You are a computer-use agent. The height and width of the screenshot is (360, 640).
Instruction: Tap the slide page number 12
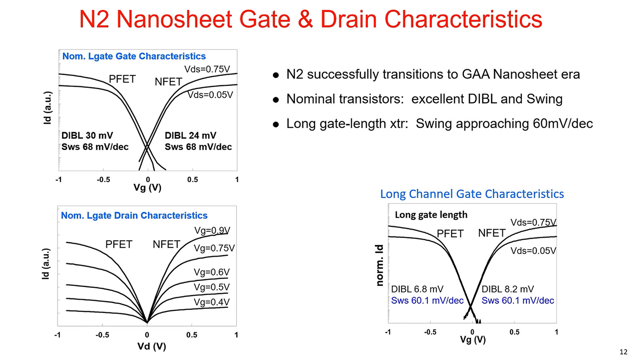pyautogui.click(x=623, y=352)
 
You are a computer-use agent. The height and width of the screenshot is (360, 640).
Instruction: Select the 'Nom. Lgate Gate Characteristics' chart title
pyautogui.click(x=134, y=56)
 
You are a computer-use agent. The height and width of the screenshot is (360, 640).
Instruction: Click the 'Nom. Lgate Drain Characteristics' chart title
pyautogui.click(x=134, y=216)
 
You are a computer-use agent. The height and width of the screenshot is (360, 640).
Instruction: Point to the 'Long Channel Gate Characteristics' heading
pyautogui.click(x=472, y=194)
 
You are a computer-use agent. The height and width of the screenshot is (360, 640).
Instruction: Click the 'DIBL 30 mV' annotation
pyautogui.click(x=87, y=136)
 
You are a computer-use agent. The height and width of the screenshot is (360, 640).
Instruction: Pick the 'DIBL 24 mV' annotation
pyautogui.click(x=190, y=136)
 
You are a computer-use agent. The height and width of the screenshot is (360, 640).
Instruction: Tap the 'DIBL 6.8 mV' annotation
pyautogui.click(x=417, y=289)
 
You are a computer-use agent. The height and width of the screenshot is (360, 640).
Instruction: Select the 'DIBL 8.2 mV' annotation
pyautogui.click(x=508, y=289)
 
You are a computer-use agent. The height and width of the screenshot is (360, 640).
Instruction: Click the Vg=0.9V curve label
pyautogui.click(x=212, y=230)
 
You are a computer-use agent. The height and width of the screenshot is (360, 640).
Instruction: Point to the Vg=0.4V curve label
pyautogui.click(x=212, y=302)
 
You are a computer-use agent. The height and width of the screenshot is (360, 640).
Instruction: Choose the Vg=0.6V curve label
pyautogui.click(x=212, y=272)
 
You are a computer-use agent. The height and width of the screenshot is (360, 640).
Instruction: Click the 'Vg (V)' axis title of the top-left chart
pyautogui.click(x=147, y=188)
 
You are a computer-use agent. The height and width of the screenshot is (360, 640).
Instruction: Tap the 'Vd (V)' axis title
pyautogui.click(x=152, y=346)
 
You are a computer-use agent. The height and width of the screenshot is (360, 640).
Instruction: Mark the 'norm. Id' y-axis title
pyautogui.click(x=380, y=265)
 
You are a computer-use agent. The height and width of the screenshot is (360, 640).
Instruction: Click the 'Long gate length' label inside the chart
pyautogui.click(x=431, y=215)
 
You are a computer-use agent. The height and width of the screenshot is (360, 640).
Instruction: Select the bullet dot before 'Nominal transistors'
pyautogui.click(x=276, y=100)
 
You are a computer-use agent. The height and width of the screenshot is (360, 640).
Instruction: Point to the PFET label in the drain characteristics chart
pyautogui.click(x=119, y=244)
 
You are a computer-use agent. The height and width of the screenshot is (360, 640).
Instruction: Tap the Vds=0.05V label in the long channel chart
pyautogui.click(x=533, y=251)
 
